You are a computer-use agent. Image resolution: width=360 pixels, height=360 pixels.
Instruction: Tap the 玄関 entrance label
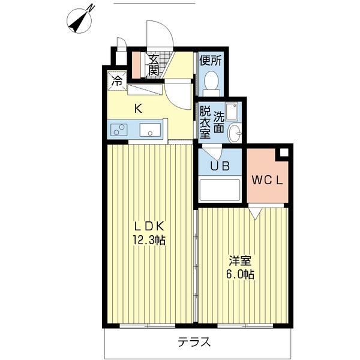[x=154, y=65]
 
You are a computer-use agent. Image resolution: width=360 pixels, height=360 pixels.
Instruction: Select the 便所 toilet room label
[x=211, y=61]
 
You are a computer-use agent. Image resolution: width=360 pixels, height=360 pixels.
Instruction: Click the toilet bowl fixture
[x=212, y=80]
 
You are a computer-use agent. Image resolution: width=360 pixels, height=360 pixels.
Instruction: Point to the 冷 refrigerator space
[x=117, y=81]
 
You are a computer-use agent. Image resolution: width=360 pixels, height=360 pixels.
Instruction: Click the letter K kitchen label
[x=138, y=109]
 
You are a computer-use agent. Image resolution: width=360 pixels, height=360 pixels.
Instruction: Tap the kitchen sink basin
[x=151, y=130]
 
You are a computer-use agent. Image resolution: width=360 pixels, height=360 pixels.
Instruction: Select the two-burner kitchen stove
[x=119, y=130]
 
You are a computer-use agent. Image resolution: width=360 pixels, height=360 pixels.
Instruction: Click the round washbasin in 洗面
[x=235, y=133]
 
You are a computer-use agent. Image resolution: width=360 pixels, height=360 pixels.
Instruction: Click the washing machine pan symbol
[x=232, y=112]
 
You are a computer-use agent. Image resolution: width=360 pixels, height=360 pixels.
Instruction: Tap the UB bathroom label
[x=220, y=166]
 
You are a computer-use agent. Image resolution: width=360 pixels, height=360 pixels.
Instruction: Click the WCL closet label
[x=267, y=181]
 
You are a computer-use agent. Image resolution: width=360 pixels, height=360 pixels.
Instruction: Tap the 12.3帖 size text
[x=149, y=241]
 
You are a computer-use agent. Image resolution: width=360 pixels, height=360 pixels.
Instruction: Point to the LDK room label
[x=149, y=227]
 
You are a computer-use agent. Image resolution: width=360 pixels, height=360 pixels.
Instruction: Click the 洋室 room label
[x=240, y=260]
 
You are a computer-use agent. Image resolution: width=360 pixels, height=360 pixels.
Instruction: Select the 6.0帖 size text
[x=240, y=274]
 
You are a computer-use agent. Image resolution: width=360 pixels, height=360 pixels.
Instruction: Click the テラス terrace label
[x=194, y=343]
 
